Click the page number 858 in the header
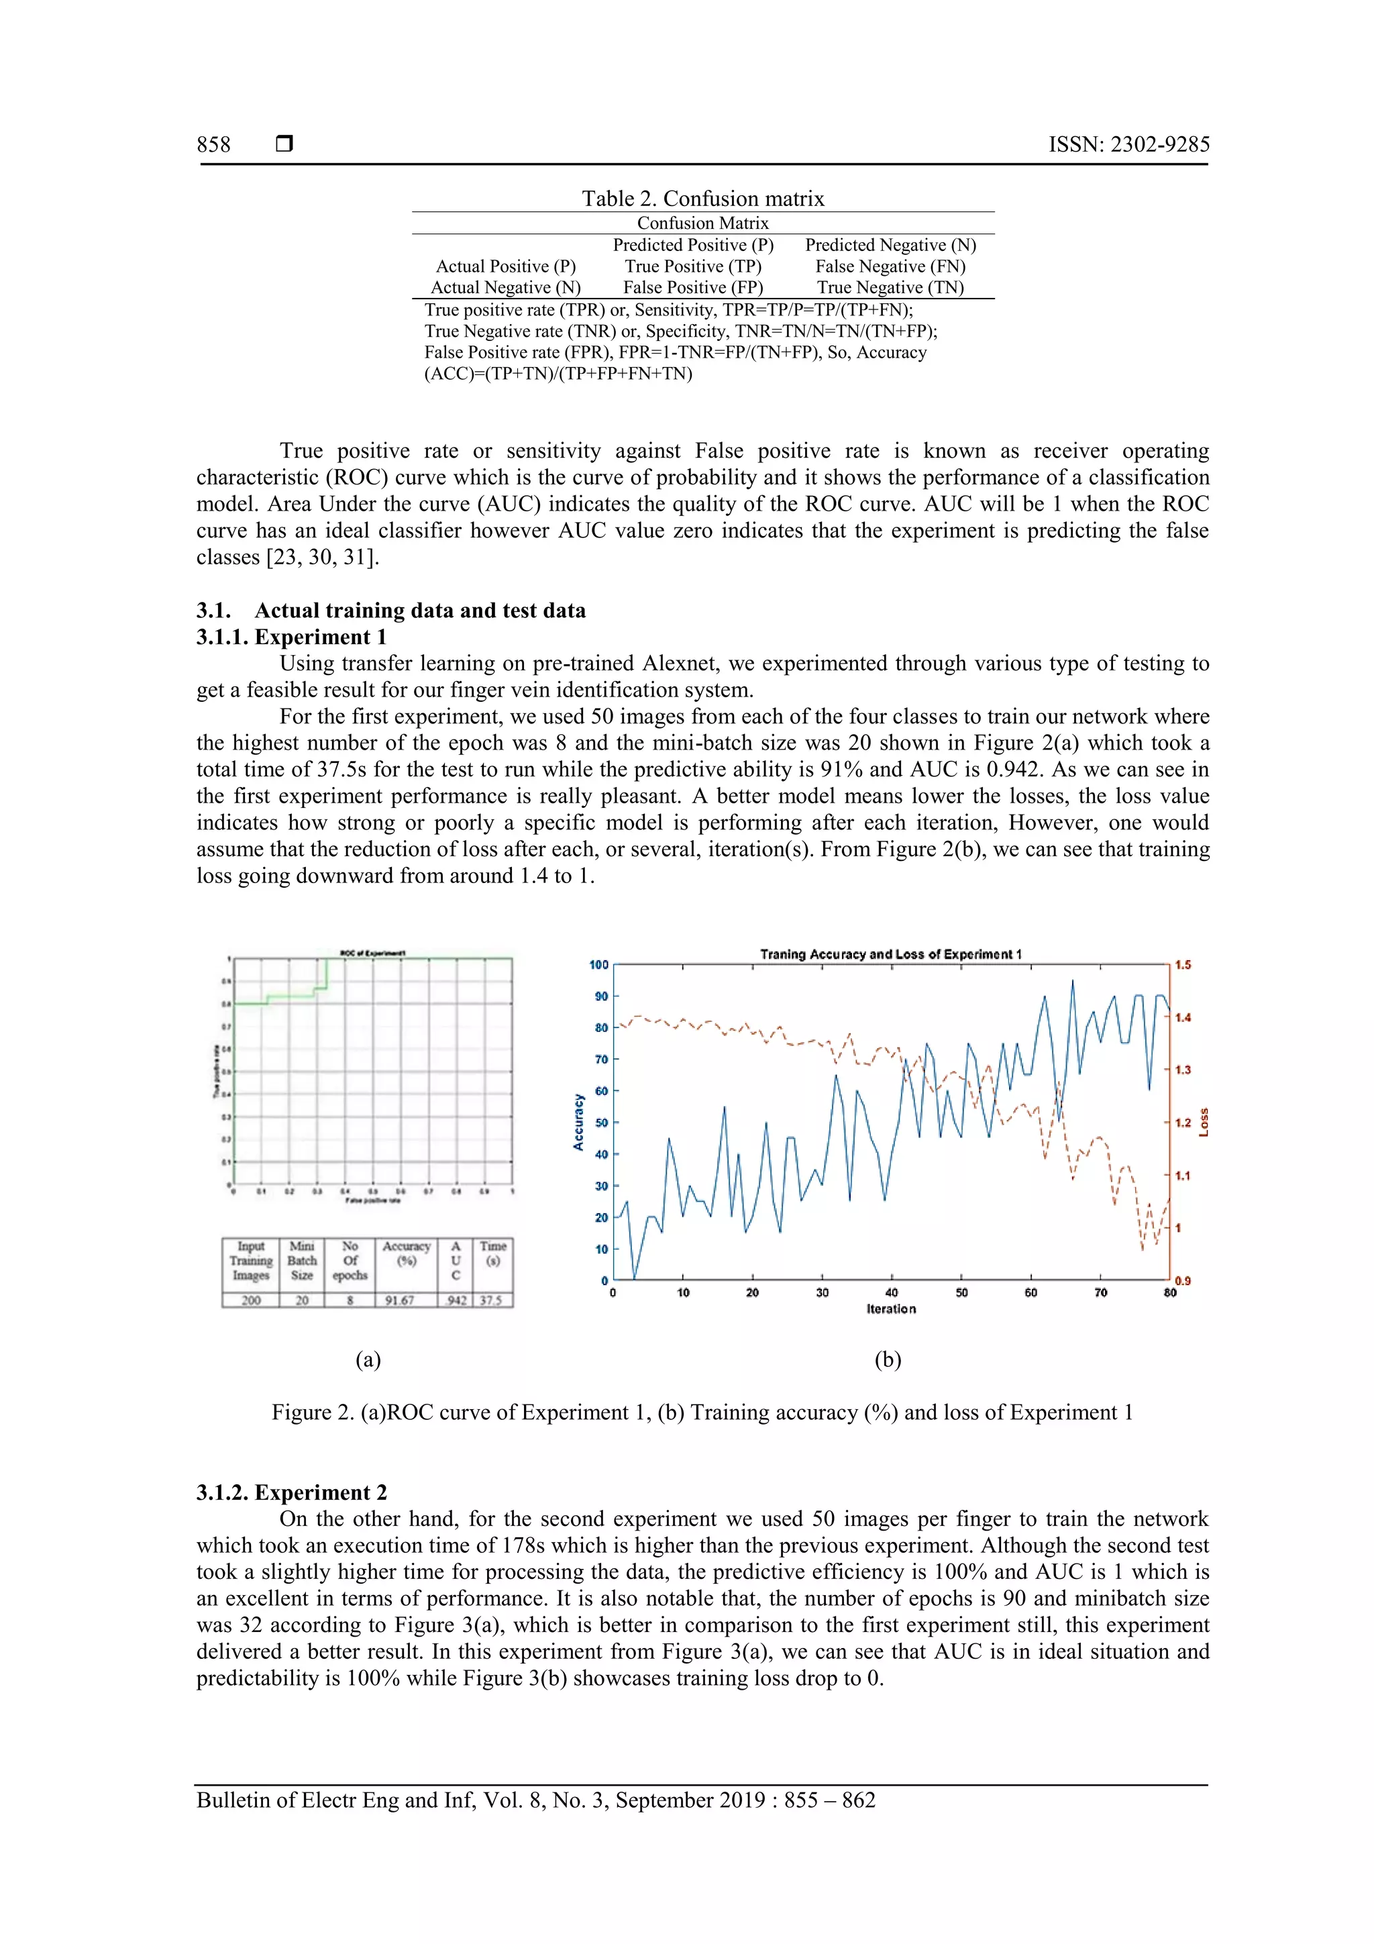(213, 145)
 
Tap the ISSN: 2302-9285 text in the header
(1128, 145)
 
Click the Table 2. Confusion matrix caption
(702, 199)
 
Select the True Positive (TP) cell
(692, 266)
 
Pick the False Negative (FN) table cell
(890, 266)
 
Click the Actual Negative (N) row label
(505, 288)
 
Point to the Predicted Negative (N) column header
(890, 245)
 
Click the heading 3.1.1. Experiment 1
(291, 637)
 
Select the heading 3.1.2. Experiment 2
(291, 1492)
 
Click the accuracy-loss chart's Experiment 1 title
(890, 954)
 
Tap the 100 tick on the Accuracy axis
(598, 965)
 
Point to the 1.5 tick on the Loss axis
(1183, 965)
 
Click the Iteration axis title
(890, 1309)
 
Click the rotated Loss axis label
(1204, 1123)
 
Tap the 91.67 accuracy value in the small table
(400, 1300)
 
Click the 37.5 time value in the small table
(491, 1300)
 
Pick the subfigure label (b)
(887, 1360)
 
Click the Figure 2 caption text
(702, 1413)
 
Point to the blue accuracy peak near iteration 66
(1073, 982)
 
